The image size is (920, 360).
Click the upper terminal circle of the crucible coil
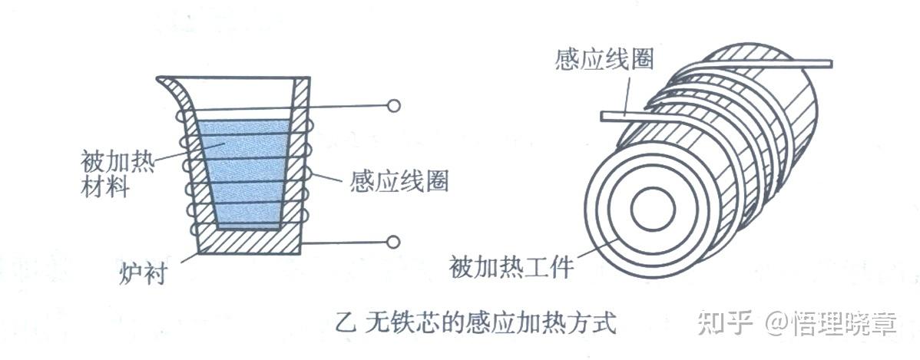393,106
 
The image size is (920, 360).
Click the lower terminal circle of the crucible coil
393,243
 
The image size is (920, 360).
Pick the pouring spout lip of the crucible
166,80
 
